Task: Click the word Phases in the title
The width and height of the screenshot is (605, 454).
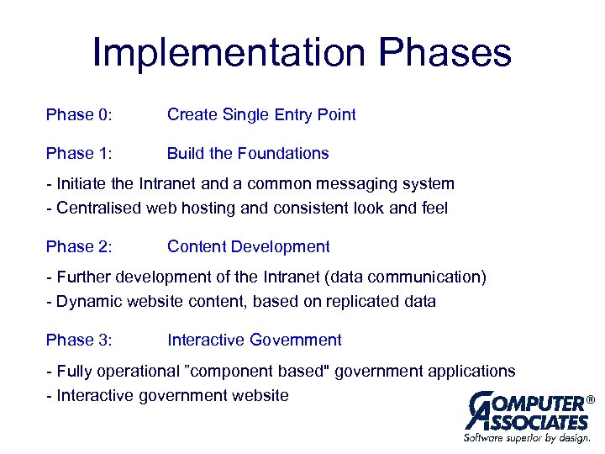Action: click(445, 52)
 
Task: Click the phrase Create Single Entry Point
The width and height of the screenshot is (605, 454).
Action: click(261, 115)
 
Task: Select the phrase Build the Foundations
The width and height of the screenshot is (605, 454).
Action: click(248, 154)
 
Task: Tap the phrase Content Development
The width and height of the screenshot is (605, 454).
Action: click(248, 247)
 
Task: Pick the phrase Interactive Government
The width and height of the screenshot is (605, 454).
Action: click(255, 340)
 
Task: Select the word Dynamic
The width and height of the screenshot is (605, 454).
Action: click(87, 301)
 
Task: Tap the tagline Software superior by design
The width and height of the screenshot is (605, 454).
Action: click(527, 438)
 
